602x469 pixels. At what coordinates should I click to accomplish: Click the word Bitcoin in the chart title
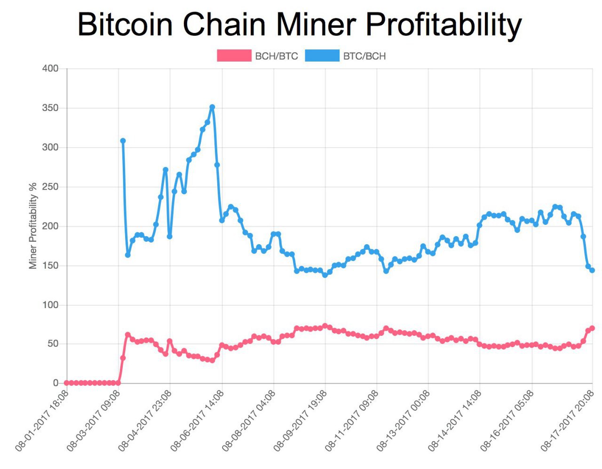coord(125,24)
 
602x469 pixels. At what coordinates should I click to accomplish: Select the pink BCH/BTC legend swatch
coord(234,56)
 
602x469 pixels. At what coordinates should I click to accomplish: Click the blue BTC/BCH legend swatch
coord(322,56)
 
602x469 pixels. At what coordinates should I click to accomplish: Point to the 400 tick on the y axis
coord(50,69)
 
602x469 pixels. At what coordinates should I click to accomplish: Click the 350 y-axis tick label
coord(50,108)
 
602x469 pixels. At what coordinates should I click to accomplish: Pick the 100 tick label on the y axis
coord(50,305)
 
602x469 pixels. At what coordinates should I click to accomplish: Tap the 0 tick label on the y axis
coord(55,383)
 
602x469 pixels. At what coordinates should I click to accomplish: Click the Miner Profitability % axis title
coord(32,226)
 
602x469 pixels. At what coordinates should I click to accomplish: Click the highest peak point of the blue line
coord(212,107)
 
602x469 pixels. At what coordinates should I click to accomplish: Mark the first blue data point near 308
coord(123,141)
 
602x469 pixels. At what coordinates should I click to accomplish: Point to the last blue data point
coord(592,270)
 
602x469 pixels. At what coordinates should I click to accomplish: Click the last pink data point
coord(592,328)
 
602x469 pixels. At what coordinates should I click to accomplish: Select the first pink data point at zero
coord(66,383)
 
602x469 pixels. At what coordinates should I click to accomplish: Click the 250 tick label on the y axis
coord(50,187)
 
